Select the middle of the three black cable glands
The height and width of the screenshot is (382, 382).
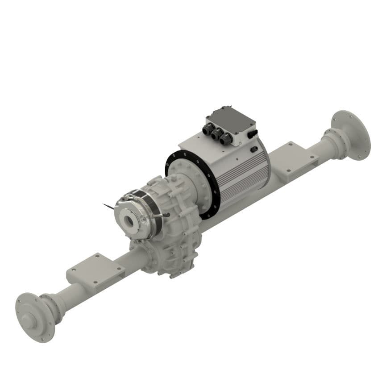click(218, 134)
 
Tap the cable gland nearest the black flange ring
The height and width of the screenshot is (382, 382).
click(207, 130)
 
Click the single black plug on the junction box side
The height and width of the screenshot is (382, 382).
click(253, 133)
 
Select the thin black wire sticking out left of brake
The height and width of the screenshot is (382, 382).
click(108, 206)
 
